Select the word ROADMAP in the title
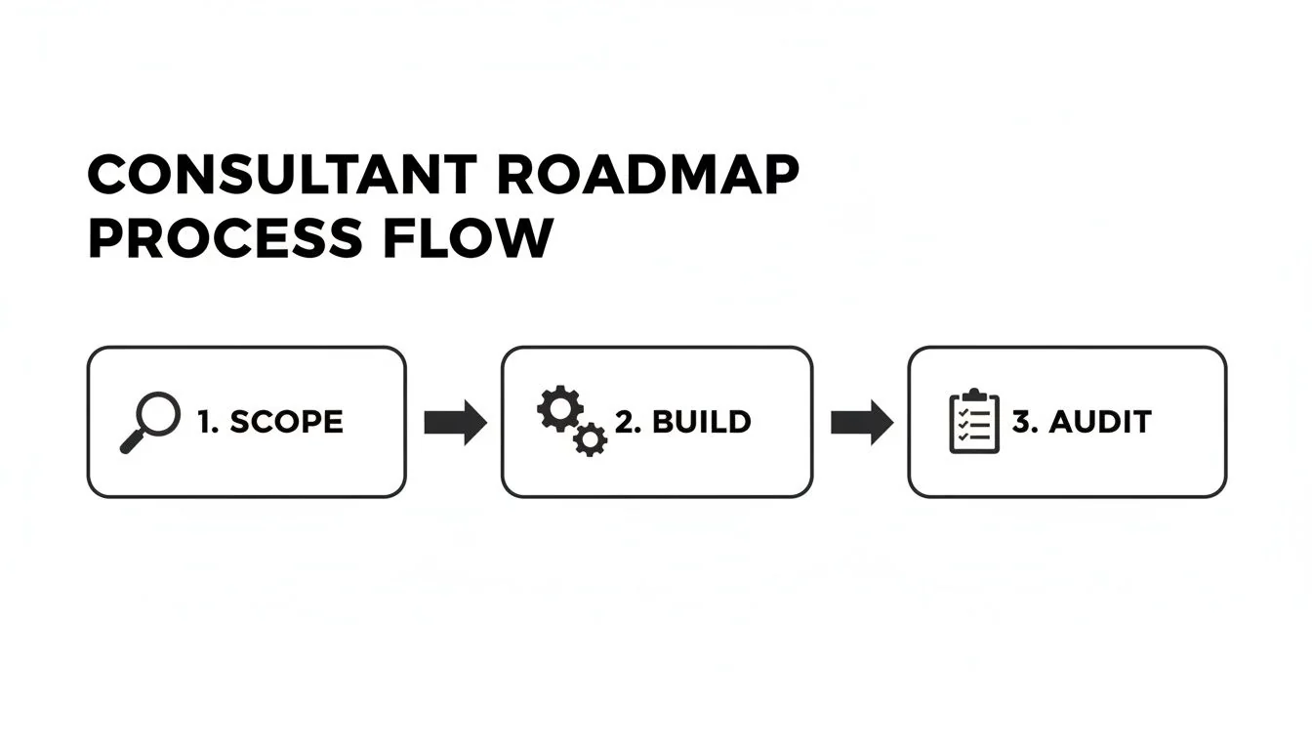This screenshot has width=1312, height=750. tap(648, 176)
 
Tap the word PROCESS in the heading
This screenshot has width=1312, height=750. tap(225, 238)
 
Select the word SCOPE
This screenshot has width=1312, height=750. tap(286, 422)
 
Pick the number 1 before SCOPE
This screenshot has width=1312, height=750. tap(205, 422)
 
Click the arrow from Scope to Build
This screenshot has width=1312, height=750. tap(455, 422)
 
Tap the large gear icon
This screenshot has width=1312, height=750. tap(559, 410)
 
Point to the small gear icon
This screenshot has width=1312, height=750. tap(590, 439)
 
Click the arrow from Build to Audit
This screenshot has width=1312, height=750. tap(861, 422)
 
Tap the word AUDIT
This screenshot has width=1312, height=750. tap(1099, 422)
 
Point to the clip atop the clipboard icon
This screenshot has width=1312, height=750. tap(974, 396)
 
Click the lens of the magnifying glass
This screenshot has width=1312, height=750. tap(160, 412)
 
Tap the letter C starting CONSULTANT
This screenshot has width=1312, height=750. tap(109, 176)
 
